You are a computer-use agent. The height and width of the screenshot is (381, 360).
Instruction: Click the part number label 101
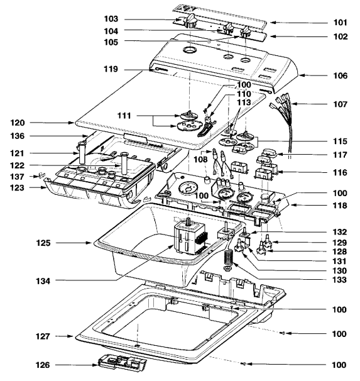tap(341, 23)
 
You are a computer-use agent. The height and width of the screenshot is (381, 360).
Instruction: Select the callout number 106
tap(341, 75)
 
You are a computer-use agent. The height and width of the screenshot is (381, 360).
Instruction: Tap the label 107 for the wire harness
tap(341, 104)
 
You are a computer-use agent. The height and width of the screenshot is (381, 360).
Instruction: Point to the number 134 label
tap(43, 281)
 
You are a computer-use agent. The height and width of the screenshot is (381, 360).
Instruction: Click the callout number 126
tap(43, 365)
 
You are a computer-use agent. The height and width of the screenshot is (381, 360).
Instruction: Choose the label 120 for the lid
tap(18, 123)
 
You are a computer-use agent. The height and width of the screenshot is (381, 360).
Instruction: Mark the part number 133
tap(339, 280)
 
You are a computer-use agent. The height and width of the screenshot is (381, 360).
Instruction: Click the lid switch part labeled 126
tap(122, 362)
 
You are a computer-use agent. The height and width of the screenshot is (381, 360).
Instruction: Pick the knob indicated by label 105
tap(246, 32)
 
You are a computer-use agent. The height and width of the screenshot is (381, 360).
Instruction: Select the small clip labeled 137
tap(41, 175)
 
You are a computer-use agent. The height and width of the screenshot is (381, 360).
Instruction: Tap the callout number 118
tap(340, 206)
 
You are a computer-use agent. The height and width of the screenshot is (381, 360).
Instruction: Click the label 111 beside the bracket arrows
tap(124, 116)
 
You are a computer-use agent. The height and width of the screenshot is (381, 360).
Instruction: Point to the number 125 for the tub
tap(43, 243)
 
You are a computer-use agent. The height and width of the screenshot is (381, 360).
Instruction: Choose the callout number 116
tap(340, 172)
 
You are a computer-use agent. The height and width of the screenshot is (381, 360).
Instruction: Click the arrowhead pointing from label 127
tap(71, 336)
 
